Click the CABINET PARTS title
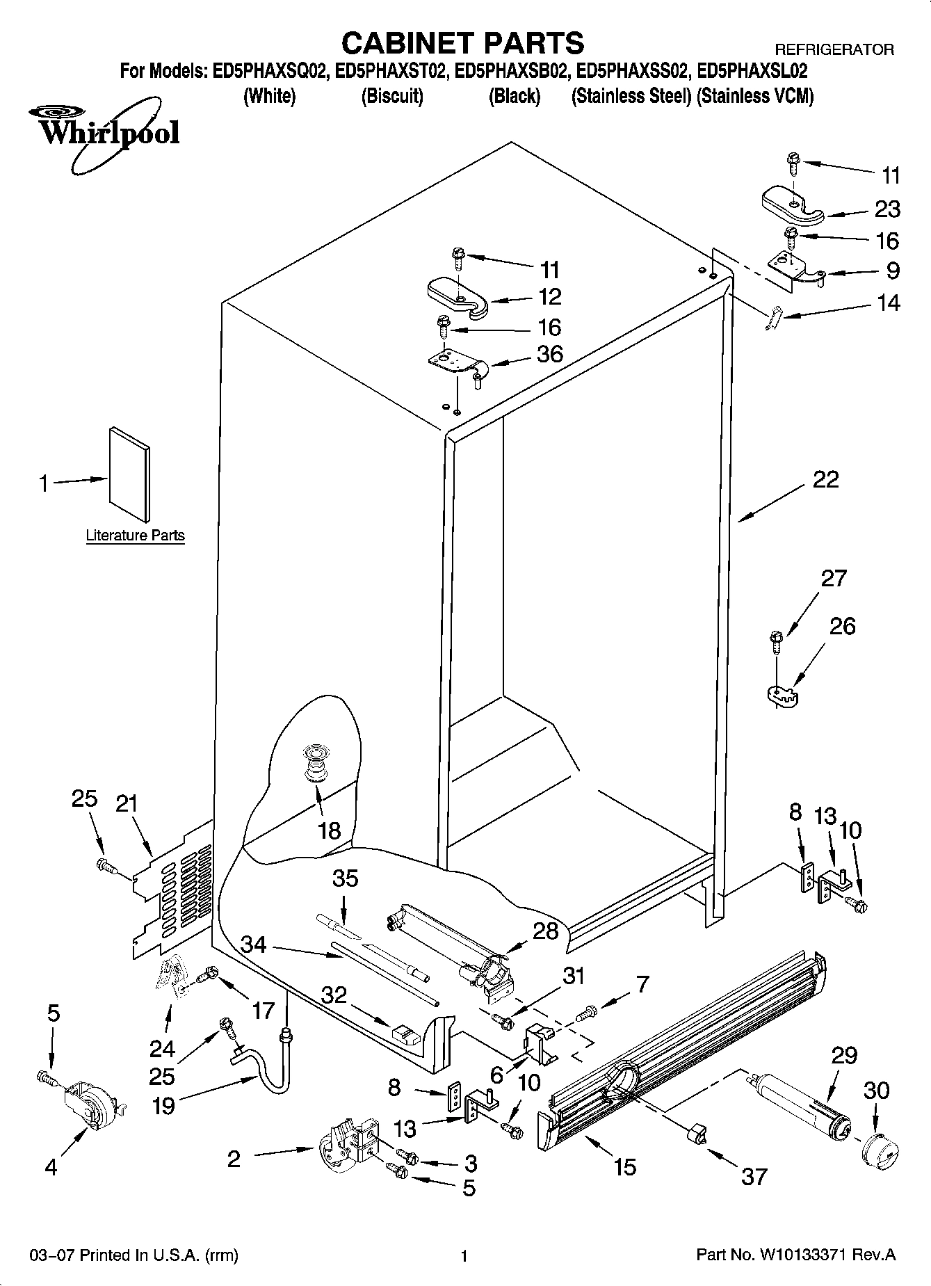pyautogui.click(x=463, y=43)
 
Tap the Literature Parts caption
pyautogui.click(x=135, y=536)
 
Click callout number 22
pyautogui.click(x=825, y=479)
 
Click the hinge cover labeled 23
pyautogui.click(x=792, y=205)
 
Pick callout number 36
pyautogui.click(x=549, y=354)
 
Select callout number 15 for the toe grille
pyautogui.click(x=625, y=1166)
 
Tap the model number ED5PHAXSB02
pyautogui.click(x=513, y=71)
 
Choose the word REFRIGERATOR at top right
pyautogui.click(x=834, y=50)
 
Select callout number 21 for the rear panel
pyautogui.click(x=127, y=804)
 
